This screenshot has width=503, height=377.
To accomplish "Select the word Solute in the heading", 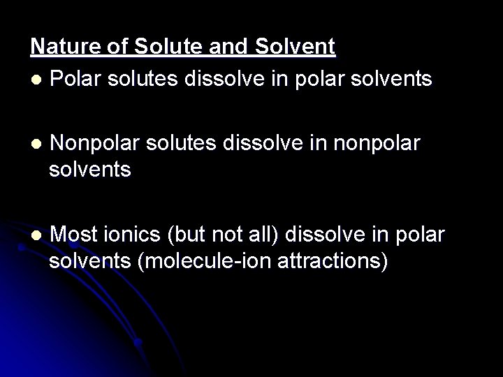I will click(155, 47).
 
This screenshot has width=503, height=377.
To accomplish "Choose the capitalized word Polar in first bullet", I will click(75, 79).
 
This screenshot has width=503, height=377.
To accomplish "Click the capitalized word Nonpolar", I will click(95, 144).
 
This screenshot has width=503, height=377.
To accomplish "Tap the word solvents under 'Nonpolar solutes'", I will click(90, 170).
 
